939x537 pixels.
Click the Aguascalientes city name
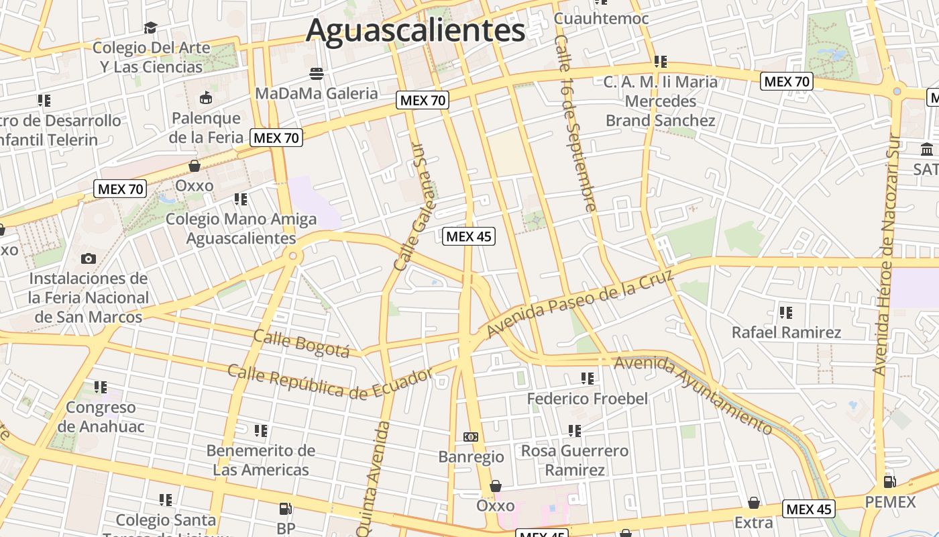point(415,31)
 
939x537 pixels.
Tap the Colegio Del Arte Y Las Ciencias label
point(152,57)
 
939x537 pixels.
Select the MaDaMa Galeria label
point(317,93)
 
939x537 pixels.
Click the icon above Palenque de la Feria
point(205,98)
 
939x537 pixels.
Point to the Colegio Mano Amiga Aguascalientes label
point(241,228)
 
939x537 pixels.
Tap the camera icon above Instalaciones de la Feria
point(88,258)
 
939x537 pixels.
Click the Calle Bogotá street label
point(302,344)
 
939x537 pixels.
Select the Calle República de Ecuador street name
point(330,381)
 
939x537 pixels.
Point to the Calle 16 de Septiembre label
point(575,124)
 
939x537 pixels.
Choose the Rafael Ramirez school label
point(786,332)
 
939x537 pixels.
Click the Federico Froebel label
point(588,399)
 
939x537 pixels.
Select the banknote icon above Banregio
point(471,437)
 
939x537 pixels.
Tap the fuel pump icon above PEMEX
point(890,481)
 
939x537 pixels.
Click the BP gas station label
point(286,528)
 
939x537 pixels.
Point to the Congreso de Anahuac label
point(101,417)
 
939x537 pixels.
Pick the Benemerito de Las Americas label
point(261,460)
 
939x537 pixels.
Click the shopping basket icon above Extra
point(754,503)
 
